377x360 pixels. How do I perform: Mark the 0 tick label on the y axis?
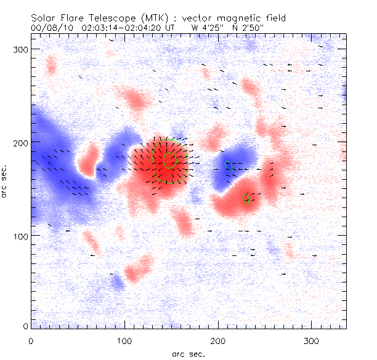point(25,326)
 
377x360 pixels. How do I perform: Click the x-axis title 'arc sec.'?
point(188,353)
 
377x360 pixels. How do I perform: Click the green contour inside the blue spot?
point(229,165)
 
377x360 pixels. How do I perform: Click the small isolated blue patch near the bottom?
point(117,282)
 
